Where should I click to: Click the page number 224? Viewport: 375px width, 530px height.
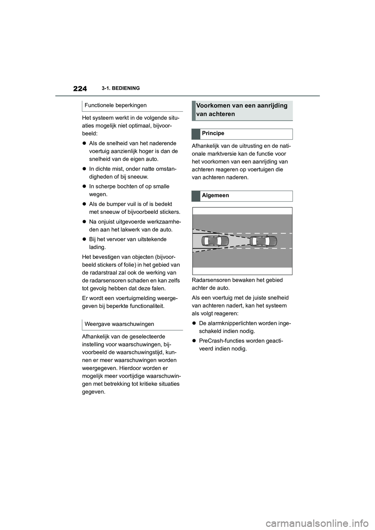tap(80, 89)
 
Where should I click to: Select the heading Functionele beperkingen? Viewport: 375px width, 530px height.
tap(116, 105)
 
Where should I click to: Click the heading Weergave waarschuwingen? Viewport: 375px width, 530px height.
tap(120, 324)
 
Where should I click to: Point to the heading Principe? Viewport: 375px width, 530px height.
tap(213, 133)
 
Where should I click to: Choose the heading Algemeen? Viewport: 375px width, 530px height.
tap(215, 196)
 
